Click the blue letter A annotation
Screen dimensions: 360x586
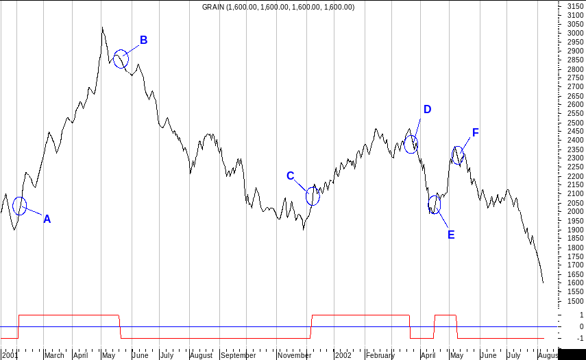47,219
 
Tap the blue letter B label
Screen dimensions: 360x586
144,40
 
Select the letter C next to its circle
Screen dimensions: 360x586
290,176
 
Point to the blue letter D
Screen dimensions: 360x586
427,110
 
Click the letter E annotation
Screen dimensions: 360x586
451,235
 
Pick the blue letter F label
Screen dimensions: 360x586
475,132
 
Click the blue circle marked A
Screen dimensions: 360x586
19,205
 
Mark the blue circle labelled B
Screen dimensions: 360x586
121,59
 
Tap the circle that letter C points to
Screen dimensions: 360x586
313,195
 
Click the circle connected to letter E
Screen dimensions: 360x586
434,204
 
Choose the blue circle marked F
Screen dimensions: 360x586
458,156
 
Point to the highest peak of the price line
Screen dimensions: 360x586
101,28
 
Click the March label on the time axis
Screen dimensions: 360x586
53,356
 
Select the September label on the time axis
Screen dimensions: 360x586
237,356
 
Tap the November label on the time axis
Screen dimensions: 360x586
295,356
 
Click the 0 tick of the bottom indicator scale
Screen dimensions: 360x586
581,327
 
